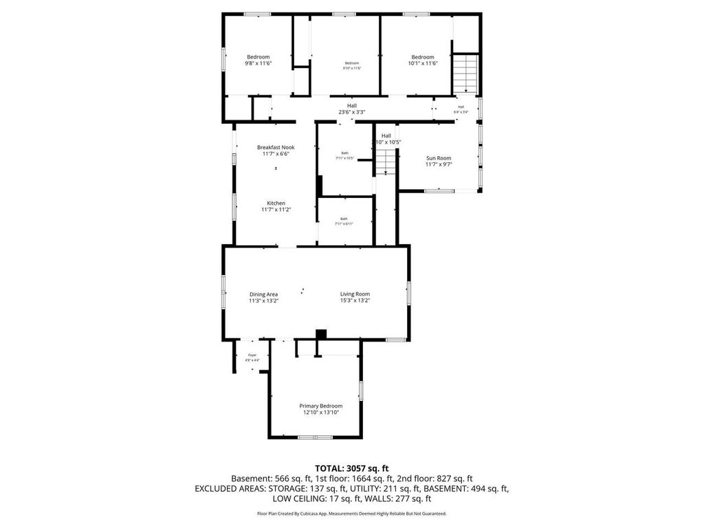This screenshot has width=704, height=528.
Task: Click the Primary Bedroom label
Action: pyautogui.click(x=320, y=406)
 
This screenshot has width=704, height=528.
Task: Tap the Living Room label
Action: pyautogui.click(x=355, y=294)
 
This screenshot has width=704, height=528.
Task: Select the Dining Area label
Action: pyautogui.click(x=263, y=294)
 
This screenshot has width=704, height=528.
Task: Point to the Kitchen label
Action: pyautogui.click(x=276, y=203)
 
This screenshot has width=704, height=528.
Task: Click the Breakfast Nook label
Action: pyautogui.click(x=276, y=147)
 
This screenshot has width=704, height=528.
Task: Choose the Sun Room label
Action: pyautogui.click(x=438, y=158)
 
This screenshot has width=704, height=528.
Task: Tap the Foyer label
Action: pyautogui.click(x=252, y=355)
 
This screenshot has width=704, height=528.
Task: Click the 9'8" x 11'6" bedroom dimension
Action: pyautogui.click(x=258, y=63)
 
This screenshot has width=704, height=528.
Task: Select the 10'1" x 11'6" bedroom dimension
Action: pyautogui.click(x=423, y=63)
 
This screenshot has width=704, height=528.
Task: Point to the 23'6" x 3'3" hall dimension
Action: pyautogui.click(x=351, y=112)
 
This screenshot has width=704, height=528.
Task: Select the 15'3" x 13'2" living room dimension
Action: pyautogui.click(x=355, y=300)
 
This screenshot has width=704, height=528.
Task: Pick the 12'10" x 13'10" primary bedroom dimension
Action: pyautogui.click(x=320, y=412)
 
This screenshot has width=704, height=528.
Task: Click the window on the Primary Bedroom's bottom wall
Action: pyautogui.click(x=314, y=437)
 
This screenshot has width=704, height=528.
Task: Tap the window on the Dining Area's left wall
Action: pyautogui.click(x=223, y=294)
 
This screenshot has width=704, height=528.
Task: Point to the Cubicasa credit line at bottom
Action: pyautogui.click(x=351, y=514)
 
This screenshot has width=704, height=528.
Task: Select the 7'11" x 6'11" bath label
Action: pyautogui.click(x=343, y=221)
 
